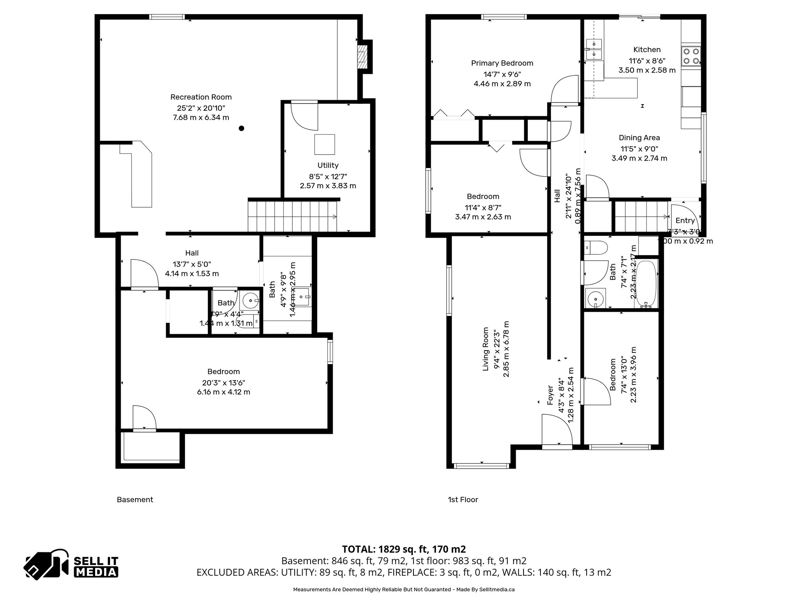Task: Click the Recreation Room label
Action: point(201,97)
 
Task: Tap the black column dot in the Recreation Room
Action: point(241,128)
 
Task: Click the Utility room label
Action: point(328,165)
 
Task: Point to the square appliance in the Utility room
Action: point(324,144)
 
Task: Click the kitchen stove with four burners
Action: point(691,56)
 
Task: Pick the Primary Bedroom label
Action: point(502,63)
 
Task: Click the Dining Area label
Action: point(639,138)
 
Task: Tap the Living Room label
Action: point(486,349)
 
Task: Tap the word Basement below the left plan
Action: point(135,499)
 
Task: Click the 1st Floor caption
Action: point(463,499)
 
